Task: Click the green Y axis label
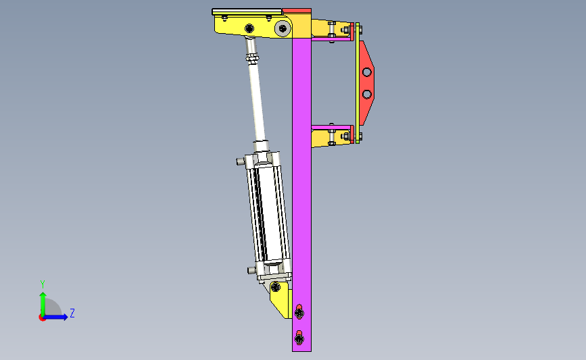click(x=43, y=284)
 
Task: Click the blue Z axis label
click(x=72, y=313)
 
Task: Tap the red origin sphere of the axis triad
click(x=42, y=318)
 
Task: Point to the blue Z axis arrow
click(x=55, y=317)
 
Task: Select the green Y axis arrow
click(x=43, y=305)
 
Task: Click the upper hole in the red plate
click(x=366, y=72)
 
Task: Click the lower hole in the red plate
click(x=366, y=94)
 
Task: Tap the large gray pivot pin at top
click(x=283, y=28)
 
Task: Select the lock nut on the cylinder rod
click(x=251, y=58)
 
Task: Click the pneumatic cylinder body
click(x=268, y=213)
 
